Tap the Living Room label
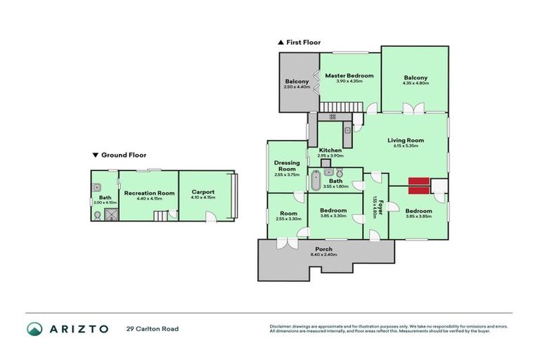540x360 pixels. tap(406, 140)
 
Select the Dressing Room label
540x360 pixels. tap(287, 166)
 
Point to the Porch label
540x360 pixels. tap(323, 250)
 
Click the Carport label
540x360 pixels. tap(202, 192)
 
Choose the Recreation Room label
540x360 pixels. tap(149, 192)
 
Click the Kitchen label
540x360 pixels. tap(330, 150)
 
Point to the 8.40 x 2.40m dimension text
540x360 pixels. tap(323, 256)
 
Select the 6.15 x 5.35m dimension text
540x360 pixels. tap(406, 146)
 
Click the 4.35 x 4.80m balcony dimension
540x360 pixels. tap(416, 84)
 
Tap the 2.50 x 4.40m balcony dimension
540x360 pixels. tap(297, 87)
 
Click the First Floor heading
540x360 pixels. tap(303, 42)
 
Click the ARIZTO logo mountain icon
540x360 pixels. tap(35, 328)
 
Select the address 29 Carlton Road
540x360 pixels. tap(153, 328)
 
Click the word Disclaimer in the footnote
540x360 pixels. tap(281, 326)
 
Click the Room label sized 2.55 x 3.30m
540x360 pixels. tap(288, 213)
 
